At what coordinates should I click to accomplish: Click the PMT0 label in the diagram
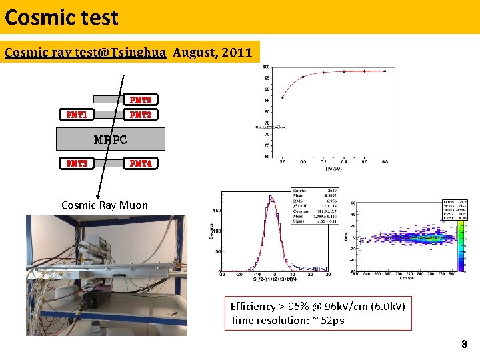click(x=140, y=100)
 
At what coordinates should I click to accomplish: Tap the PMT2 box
click(x=140, y=115)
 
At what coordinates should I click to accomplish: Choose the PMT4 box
click(x=140, y=163)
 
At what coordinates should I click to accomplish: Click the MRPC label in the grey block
click(x=110, y=140)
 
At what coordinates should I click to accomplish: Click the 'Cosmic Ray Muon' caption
click(x=104, y=205)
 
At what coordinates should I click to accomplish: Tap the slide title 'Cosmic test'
click(x=61, y=17)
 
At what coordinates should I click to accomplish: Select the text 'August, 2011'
click(x=212, y=52)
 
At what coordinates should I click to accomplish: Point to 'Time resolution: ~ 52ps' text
click(x=287, y=321)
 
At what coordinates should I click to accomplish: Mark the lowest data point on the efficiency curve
click(x=283, y=97)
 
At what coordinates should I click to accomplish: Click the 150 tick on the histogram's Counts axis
click(x=217, y=211)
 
